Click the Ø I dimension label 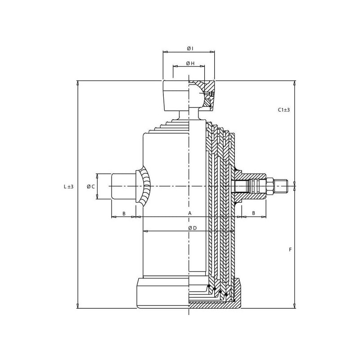tap(190, 48)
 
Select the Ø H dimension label tap(190, 63)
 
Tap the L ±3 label tap(68, 186)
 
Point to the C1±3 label tap(284, 110)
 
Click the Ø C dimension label tap(91, 186)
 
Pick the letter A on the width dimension tap(189, 213)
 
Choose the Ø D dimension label tap(193, 228)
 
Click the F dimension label tap(290, 249)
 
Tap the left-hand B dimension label tap(124, 213)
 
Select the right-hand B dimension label tap(254, 213)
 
